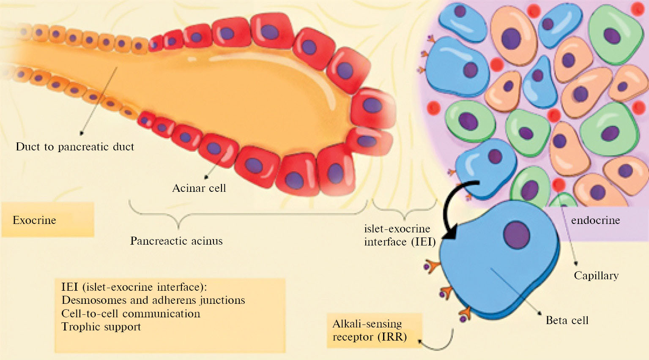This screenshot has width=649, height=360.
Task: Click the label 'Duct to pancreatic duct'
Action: tap(75, 147)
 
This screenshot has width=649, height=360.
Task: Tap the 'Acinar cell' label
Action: tap(199, 188)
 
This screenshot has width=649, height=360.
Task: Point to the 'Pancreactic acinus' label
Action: tap(176, 241)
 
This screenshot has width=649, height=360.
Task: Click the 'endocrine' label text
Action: tap(595, 220)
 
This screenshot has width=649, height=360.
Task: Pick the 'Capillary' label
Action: tap(596, 275)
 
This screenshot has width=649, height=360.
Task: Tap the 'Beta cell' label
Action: tap(567, 320)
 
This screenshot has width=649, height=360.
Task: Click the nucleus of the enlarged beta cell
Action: tap(517, 235)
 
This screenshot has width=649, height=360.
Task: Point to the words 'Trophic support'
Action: tap(101, 327)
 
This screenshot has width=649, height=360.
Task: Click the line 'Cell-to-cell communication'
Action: tap(131, 314)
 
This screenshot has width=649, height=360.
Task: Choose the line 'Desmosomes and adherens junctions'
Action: tap(153, 300)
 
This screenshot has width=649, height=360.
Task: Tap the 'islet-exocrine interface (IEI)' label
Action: tap(400, 235)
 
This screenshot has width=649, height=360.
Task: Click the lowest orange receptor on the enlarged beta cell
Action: tap(465, 314)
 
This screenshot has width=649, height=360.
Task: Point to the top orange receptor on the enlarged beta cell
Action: tap(433, 266)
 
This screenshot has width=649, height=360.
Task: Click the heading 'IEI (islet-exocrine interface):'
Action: tap(134, 287)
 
